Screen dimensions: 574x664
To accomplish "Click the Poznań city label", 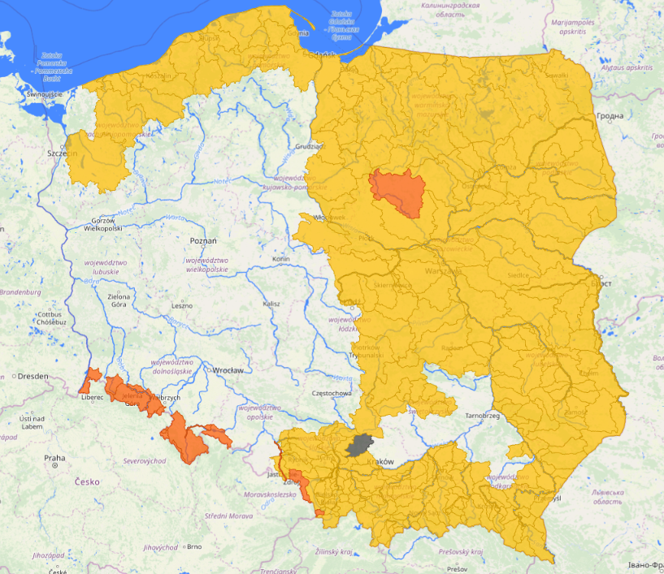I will [202, 241].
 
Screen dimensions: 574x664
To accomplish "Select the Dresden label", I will [31, 377].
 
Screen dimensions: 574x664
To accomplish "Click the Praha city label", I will [54, 458].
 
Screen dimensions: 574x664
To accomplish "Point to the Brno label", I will [193, 546].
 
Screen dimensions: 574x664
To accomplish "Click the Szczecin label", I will [61, 153].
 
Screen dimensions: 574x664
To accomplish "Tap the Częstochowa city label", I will [331, 393].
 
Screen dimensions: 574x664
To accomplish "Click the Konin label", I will [281, 259].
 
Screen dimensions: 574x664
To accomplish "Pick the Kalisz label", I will [271, 304].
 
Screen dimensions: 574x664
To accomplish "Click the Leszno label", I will [182, 305].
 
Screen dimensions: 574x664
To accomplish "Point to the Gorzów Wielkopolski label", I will [97, 225].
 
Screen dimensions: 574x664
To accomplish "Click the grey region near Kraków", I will [358, 444].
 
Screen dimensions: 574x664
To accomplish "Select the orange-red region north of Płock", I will [396, 192].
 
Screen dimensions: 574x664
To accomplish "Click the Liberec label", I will [92, 397].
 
